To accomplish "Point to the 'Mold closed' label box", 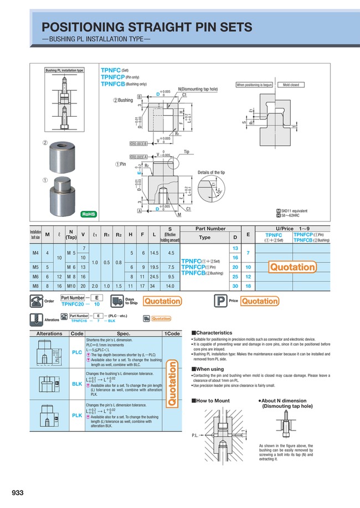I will (291, 85).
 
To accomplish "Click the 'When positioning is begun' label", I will (255, 85).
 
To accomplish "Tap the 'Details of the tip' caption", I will (211, 173).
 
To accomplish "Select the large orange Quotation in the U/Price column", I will (292, 267).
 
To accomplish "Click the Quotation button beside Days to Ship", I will (162, 302).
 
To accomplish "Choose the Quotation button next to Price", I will (259, 302).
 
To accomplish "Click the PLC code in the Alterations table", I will (77, 351).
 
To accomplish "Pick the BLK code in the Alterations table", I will (77, 383).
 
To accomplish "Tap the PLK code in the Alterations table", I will (77, 415).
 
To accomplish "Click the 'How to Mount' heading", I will (212, 400).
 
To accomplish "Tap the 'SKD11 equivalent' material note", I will (296, 211).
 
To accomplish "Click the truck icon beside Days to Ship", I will (117, 302).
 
